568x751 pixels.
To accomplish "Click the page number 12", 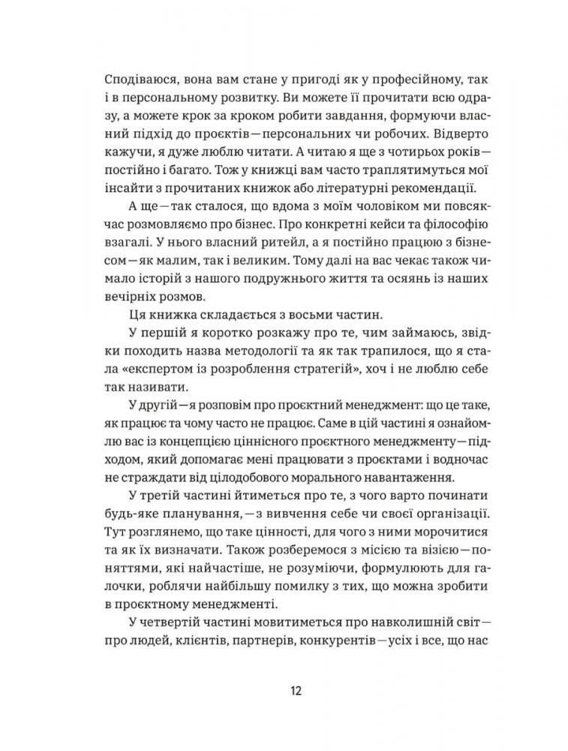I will (284, 690).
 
